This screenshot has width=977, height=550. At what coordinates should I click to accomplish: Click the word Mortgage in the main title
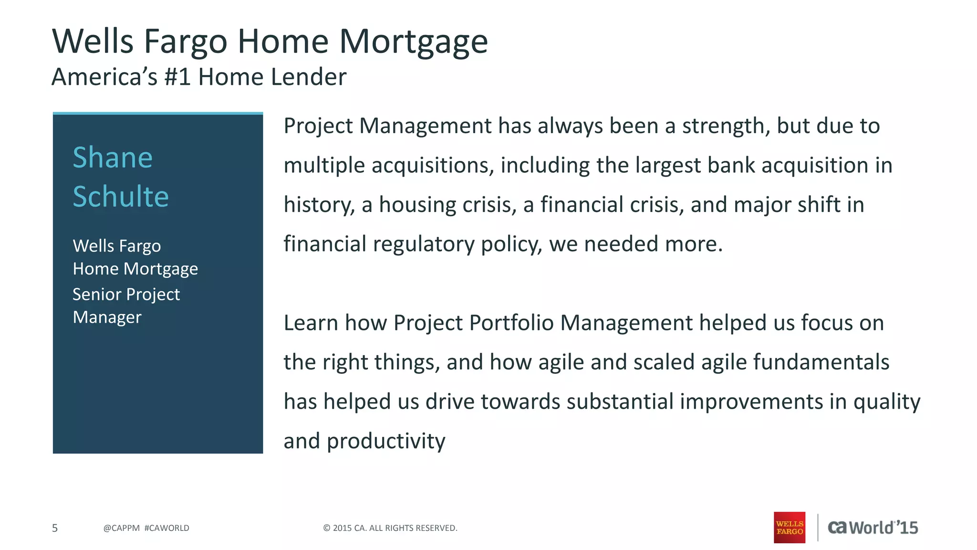[x=413, y=42]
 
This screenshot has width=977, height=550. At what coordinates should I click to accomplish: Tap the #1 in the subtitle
[x=177, y=77]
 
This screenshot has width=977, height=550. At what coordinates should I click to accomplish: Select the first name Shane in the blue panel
[x=113, y=158]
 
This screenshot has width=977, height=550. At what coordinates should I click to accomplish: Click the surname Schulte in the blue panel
[x=121, y=196]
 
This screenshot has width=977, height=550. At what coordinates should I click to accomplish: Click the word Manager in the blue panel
[x=107, y=317]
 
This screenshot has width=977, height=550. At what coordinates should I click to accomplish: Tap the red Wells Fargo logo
[x=789, y=528]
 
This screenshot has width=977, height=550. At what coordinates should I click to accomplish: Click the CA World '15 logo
[x=873, y=528]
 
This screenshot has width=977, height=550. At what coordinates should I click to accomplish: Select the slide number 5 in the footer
[x=55, y=528]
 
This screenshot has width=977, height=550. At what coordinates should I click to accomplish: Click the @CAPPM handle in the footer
[x=121, y=528]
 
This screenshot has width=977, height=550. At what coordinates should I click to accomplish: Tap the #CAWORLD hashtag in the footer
[x=166, y=528]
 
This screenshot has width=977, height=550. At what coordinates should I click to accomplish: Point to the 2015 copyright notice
[x=390, y=528]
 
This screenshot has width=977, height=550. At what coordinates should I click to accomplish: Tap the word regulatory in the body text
[x=424, y=244]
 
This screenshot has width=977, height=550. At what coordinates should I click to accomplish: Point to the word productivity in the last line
[x=385, y=441]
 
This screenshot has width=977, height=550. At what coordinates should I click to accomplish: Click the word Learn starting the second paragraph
[x=311, y=323]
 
